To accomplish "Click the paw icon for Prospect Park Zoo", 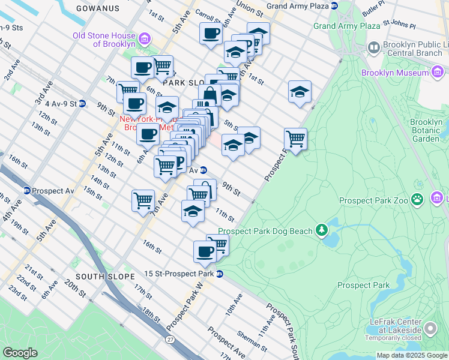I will pos(418,200).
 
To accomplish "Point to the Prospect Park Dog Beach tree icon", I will pos(322,230).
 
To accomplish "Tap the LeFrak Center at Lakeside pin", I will pos(430,329).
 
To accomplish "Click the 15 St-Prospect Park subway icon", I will pos(220,274).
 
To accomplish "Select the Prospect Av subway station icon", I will pos(27,191).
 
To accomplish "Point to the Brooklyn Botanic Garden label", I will pos(426,130).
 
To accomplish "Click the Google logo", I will pos(20,352).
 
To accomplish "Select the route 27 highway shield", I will pos(170,340).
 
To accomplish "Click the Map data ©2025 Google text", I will pos(412,355).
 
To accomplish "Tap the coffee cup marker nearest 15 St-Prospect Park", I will pos(205,251).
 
